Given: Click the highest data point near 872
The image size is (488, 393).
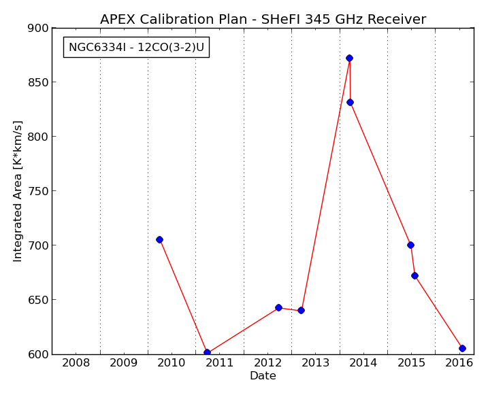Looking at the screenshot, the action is point(350,58).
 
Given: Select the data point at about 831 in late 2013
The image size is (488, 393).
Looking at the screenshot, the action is point(350,102).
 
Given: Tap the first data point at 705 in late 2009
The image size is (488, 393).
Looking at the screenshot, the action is point(160,239).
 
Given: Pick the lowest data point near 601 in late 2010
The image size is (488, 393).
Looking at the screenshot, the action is point(208,352).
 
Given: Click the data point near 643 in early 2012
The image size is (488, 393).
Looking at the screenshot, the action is point(278,307).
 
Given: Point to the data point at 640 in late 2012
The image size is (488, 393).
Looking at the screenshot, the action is point(301,310).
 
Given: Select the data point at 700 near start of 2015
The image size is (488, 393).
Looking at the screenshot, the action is point(411,245).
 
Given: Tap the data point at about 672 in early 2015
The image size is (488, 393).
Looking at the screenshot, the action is point(415,275).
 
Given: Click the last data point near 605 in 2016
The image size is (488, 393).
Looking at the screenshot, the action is point(463,348).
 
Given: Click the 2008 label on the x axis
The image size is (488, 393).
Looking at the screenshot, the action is point(76,363).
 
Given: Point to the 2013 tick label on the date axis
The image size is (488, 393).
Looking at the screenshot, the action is point(316,363).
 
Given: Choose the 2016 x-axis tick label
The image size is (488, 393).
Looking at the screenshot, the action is point(459,363).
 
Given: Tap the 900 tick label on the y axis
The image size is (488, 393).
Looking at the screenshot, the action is point(38,29).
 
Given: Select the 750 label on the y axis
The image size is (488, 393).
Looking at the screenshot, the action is point(38,191).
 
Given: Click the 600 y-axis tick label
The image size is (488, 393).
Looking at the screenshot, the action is point(38,354).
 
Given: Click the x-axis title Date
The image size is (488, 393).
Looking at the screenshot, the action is point(263,375).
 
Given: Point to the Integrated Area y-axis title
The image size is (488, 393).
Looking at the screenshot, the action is point(18,191).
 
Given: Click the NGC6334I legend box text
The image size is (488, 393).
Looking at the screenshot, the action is point(136,48).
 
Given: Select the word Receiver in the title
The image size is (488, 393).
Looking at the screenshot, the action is point(397,19).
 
